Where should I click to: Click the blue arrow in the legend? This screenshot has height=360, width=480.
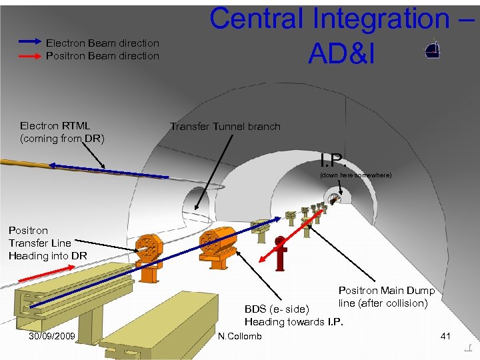pos(31,41)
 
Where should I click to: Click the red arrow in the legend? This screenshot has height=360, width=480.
pos(31,57)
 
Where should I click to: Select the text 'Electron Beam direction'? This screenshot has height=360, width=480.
pos(103,43)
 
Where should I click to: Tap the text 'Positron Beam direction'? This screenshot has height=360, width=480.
pos(103,56)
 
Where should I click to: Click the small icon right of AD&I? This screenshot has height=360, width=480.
pos(432,50)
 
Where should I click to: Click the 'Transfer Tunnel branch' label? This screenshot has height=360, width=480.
pos(225,127)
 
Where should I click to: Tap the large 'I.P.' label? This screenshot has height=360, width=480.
pos(334,161)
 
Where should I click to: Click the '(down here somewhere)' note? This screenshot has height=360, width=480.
pos(355,175)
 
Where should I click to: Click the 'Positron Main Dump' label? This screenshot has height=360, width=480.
pos(387,291)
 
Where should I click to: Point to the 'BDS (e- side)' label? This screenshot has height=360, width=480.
pos(277,309)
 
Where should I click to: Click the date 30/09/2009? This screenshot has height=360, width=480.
pos(52,335)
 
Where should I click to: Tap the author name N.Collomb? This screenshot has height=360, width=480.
pos(240,335)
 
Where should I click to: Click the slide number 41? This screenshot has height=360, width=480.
pos(446,335)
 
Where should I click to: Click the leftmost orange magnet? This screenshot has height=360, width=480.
pos(149,250)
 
